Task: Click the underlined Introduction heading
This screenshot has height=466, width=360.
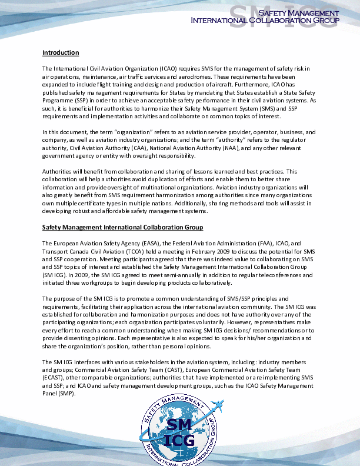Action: (61, 53)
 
